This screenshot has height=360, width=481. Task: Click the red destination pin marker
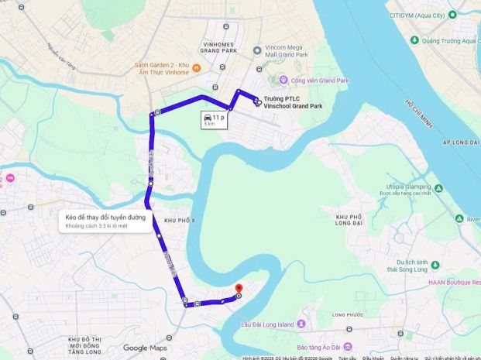coord(239,290)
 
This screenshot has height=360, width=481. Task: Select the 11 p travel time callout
coord(214,119)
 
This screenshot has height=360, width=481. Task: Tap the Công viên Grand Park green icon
coord(283,80)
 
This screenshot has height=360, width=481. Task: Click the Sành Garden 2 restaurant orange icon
coord(196,67)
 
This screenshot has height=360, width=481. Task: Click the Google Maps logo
coord(145,348)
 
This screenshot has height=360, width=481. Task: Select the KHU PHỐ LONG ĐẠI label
coord(350,220)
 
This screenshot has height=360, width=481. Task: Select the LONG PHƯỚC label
coord(349,315)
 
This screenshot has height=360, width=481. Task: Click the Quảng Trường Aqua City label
coord(450,40)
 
